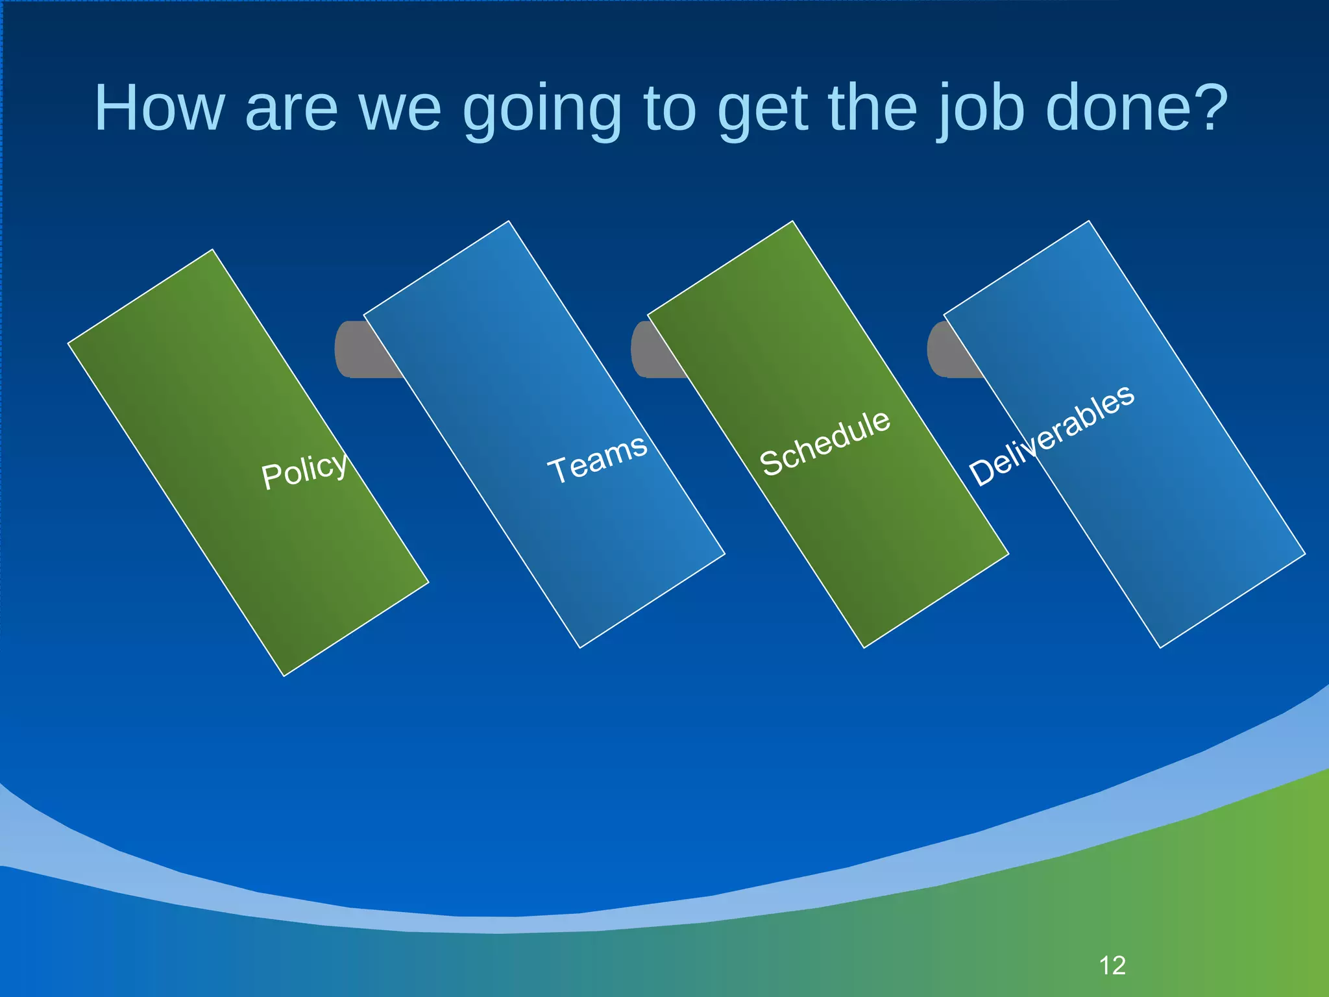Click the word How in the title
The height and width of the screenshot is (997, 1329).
pyautogui.click(x=160, y=108)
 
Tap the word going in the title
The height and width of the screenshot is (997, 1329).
pyautogui.click(x=543, y=110)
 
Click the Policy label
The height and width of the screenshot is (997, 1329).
pyautogui.click(x=304, y=470)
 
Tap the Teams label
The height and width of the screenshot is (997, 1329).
pyautogui.click(x=597, y=458)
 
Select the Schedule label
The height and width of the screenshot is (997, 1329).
pyautogui.click(x=825, y=443)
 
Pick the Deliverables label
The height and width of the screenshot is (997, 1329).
pyautogui.click(x=1051, y=434)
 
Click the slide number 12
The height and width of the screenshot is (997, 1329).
pyautogui.click(x=1112, y=966)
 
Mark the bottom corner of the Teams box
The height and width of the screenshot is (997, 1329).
pyautogui.click(x=580, y=646)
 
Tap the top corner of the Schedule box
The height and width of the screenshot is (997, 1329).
pyautogui.click(x=792, y=223)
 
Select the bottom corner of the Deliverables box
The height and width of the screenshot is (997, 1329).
pyautogui.click(x=1160, y=646)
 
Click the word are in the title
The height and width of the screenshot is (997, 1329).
pyautogui.click(x=291, y=110)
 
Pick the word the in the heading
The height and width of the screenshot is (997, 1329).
pyautogui.click(x=873, y=108)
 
